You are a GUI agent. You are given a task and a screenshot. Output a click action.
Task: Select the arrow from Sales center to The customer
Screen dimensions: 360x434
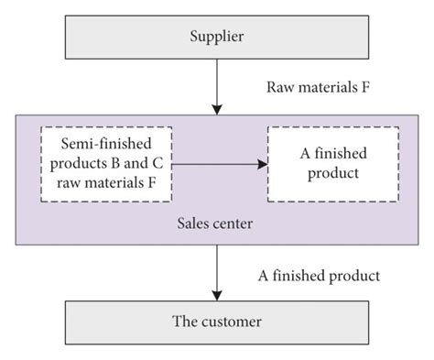click(x=217, y=270)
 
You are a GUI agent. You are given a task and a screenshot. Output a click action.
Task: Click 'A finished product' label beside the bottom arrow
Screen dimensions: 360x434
click(x=319, y=275)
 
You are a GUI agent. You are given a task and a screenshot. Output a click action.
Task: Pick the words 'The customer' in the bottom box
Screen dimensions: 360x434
click(x=217, y=322)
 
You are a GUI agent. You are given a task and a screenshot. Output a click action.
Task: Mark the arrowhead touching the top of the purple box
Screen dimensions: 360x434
click(x=217, y=108)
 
